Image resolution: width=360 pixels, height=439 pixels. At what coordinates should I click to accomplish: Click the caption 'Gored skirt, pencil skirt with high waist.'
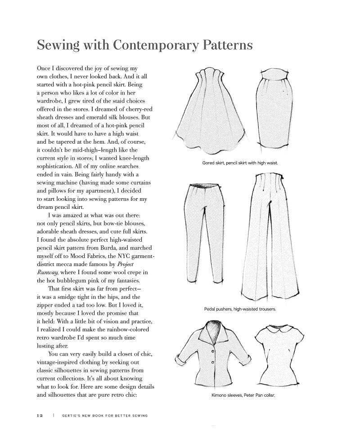coord(240,163)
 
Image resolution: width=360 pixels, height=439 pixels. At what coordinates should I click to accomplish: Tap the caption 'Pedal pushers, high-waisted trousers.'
coord(240,309)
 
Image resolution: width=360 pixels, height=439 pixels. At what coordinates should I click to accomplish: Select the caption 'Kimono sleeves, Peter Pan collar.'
coord(243,395)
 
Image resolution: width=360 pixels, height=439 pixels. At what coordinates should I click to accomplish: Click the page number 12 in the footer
coord(40,416)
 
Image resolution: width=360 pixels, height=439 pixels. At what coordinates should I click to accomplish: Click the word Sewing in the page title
coord(54,45)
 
